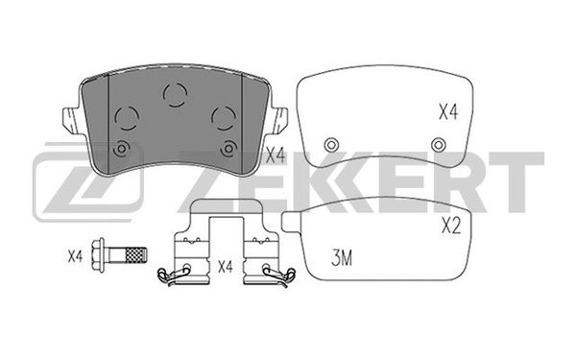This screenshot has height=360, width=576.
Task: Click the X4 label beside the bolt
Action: (75, 256)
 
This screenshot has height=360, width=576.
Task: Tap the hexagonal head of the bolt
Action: (98, 255)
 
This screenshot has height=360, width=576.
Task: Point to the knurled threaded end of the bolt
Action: (136, 255)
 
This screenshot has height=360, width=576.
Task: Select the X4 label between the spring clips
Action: (226, 266)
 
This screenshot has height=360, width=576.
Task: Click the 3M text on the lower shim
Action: (342, 258)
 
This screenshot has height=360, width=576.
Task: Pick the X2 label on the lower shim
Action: (451, 226)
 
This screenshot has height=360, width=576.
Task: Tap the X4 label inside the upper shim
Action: (448, 111)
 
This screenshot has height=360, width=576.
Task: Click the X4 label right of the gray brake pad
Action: (276, 156)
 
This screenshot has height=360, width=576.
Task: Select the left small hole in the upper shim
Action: (331, 145)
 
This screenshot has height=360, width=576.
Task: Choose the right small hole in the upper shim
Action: (439, 145)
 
